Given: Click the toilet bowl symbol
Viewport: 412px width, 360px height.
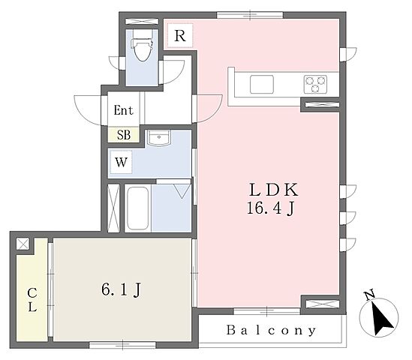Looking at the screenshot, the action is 142,46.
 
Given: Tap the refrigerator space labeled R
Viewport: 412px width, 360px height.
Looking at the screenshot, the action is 180,36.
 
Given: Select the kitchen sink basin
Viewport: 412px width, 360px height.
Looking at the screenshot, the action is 262,84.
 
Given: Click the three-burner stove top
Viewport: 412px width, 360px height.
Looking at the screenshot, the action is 315,84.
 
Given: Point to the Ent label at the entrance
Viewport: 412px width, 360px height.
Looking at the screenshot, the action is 124,110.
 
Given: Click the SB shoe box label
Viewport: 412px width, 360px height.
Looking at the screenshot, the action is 124,135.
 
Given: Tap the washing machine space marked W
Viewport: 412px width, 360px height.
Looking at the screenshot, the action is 121,162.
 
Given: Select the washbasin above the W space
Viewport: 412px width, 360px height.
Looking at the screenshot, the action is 158,138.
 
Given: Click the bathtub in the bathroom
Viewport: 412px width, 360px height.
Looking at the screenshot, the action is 137,208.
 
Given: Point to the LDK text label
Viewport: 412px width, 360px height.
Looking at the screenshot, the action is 273,190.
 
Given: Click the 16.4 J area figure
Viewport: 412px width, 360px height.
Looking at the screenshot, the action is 271,208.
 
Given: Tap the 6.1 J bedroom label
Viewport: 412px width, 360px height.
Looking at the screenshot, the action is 122,290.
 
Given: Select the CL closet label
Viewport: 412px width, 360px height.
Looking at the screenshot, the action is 32,299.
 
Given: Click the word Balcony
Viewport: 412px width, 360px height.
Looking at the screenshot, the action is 271,330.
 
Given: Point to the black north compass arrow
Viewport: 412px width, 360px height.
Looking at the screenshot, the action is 380,318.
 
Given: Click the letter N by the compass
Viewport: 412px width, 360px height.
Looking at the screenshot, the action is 370,295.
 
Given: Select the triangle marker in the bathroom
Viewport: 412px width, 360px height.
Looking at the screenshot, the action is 182,191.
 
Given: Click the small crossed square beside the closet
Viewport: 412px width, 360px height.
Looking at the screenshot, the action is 23,244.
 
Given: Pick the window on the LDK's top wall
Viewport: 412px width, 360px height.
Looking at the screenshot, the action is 250,15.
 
